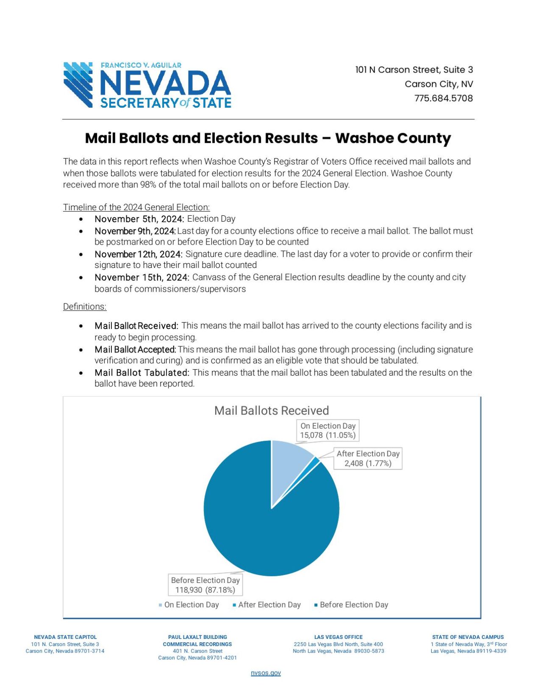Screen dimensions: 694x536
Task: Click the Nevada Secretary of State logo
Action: pos(147,85)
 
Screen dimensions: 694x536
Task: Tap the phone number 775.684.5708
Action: pos(443,98)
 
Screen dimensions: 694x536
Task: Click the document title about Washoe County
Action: pos(268,138)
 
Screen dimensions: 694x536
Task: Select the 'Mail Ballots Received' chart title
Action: pos(271,410)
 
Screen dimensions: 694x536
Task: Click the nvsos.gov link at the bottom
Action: pos(266,673)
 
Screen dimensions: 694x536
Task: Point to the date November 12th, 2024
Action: pos(138,254)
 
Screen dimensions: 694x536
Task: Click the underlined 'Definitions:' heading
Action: pos(85,307)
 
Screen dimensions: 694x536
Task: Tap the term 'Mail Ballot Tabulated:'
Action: pos(142,373)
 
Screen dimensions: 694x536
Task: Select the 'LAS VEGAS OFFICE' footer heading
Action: pos(338,637)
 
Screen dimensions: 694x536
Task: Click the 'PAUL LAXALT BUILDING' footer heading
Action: pos(197,637)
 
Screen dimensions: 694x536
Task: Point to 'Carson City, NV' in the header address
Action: pos(439,84)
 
